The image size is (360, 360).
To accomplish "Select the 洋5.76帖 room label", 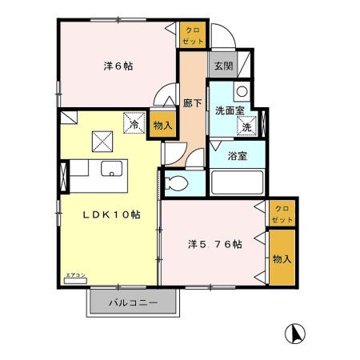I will pyautogui.click(x=214, y=245).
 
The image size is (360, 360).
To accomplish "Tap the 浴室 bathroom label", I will pyautogui.click(x=236, y=155).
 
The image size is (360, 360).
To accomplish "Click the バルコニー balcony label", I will pyautogui.click(x=132, y=303).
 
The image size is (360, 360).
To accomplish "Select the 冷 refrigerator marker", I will pyautogui.click(x=134, y=124).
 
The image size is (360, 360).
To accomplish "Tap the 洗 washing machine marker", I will pyautogui.click(x=247, y=126).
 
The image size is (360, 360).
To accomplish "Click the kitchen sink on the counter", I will pyautogui.click(x=111, y=170).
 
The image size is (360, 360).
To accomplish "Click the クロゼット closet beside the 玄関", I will pyautogui.click(x=192, y=35).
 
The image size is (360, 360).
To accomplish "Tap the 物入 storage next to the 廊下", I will pyautogui.click(x=162, y=126).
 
